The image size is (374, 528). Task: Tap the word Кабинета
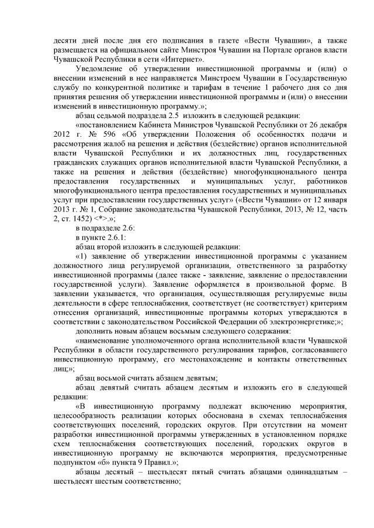coord(149,125)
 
